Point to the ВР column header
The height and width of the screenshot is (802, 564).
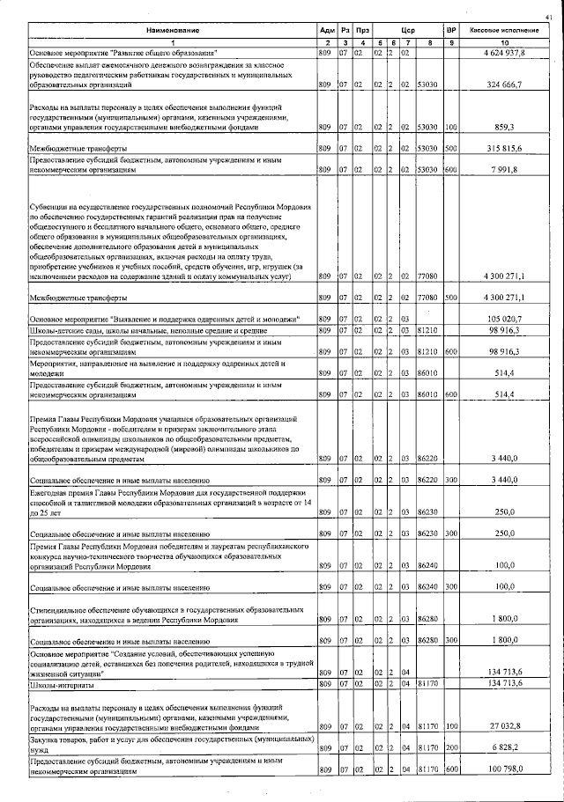pyautogui.click(x=451, y=30)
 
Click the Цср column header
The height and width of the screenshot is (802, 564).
pyautogui.click(x=407, y=30)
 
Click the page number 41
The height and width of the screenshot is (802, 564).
pyautogui.click(x=549, y=15)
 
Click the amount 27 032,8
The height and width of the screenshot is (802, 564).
pyautogui.click(x=506, y=726)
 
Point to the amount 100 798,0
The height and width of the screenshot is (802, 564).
pyautogui.click(x=504, y=770)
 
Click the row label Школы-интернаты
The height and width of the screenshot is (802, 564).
pyautogui.click(x=58, y=683)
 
